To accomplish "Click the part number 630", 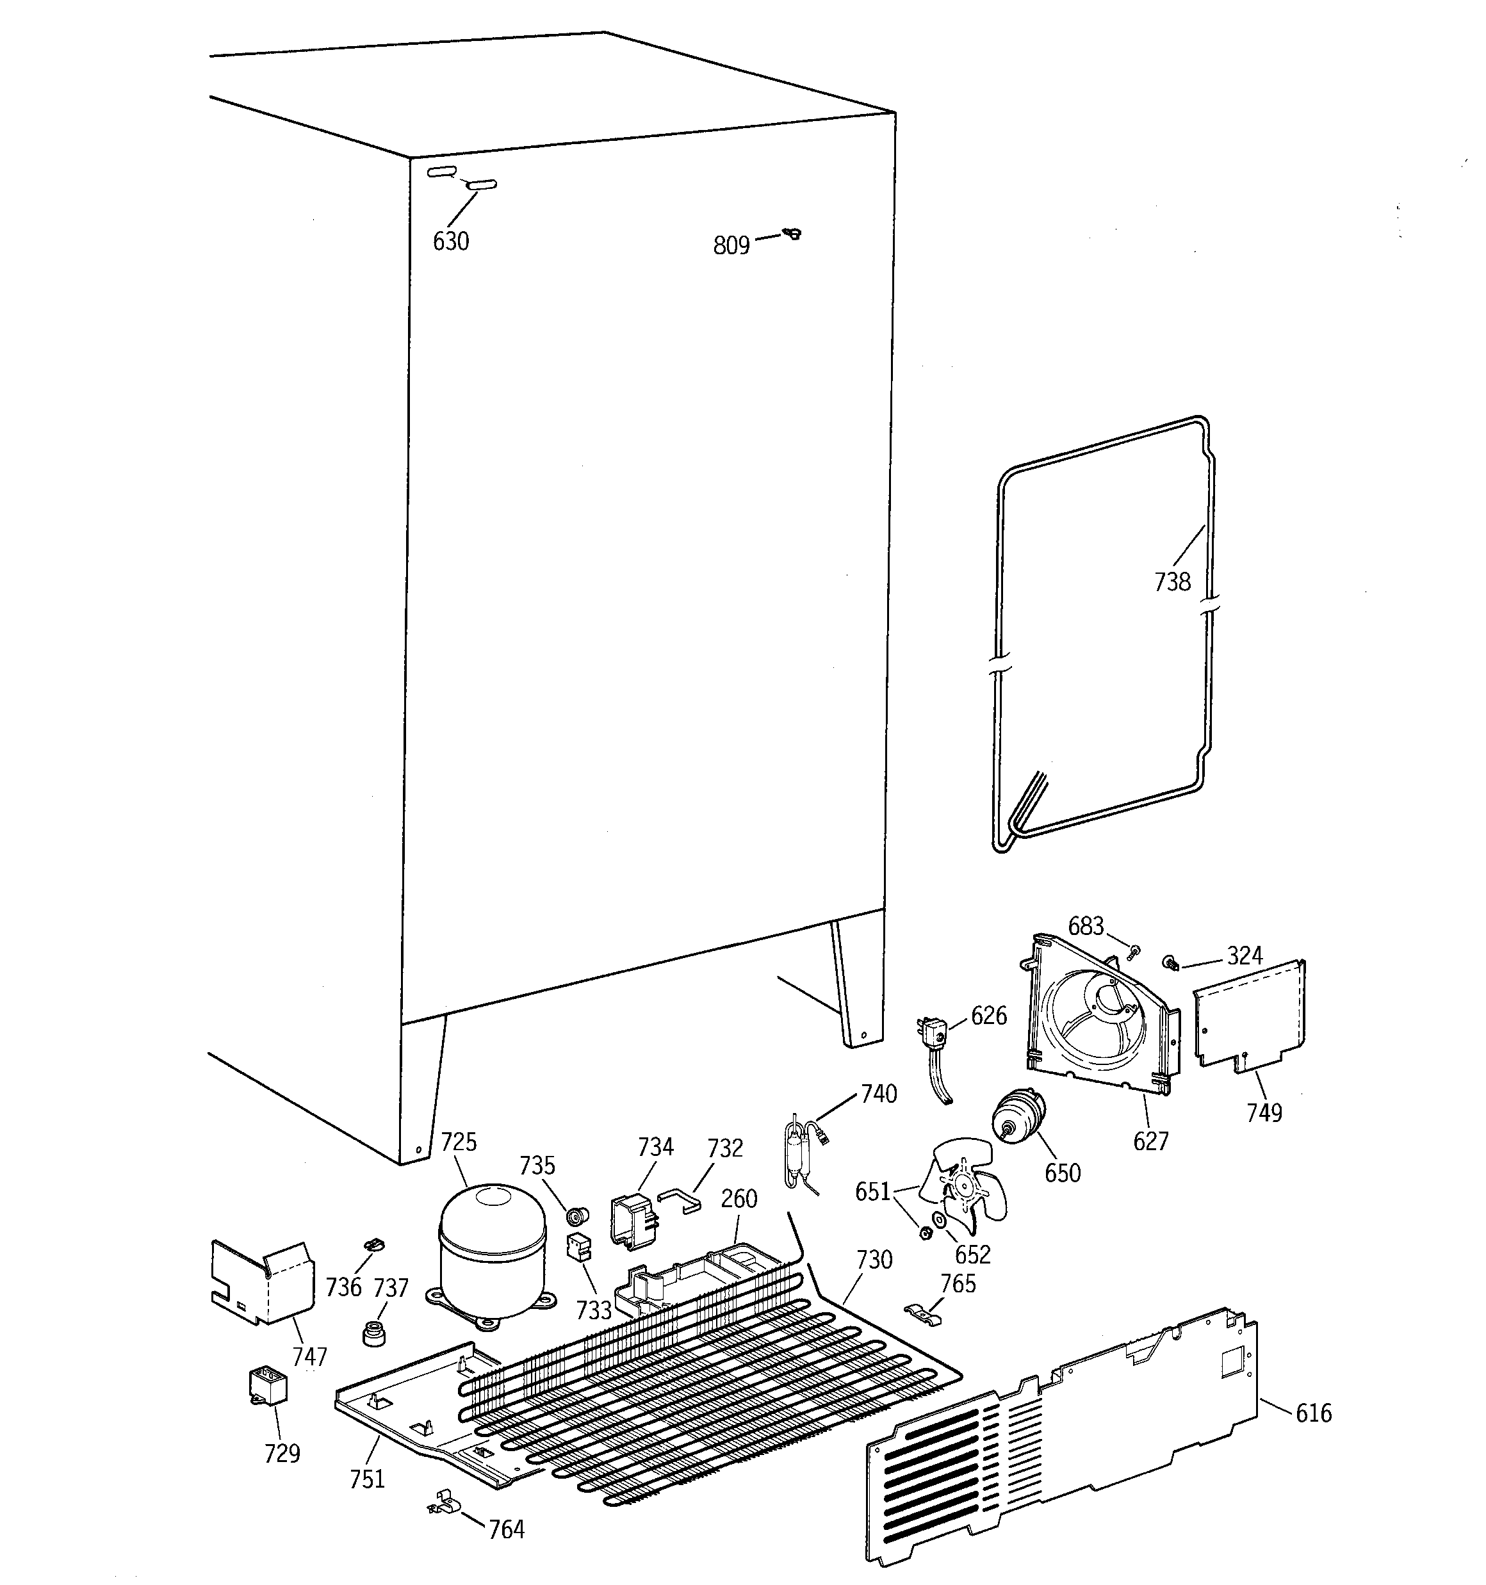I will coord(451,241).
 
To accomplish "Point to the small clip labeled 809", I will coord(793,233).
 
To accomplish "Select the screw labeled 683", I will coord(1135,950).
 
